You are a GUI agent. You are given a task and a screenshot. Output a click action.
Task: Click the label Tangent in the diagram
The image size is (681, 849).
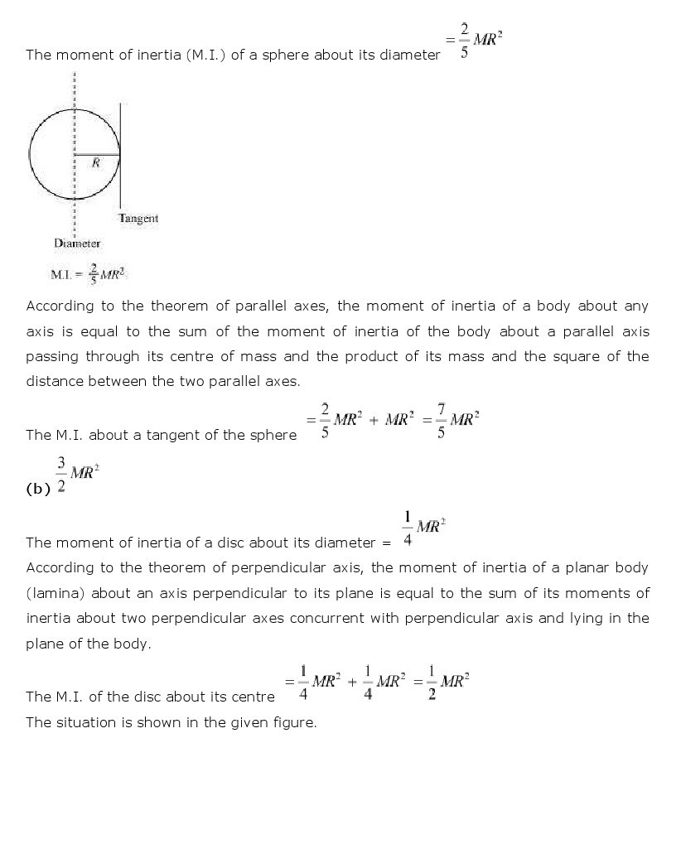tap(138, 219)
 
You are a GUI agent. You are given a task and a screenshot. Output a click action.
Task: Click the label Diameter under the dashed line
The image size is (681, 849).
tap(77, 244)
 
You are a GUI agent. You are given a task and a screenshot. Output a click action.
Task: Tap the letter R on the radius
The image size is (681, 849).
tap(96, 163)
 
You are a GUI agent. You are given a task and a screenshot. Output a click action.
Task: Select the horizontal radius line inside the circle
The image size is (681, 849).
tap(98, 154)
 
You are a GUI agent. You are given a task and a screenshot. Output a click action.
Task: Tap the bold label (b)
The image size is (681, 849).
tap(38, 489)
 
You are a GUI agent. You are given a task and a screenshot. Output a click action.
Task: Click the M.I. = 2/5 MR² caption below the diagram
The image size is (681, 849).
tap(89, 274)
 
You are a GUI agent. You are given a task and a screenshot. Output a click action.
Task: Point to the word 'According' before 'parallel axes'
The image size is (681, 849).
tap(60, 306)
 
